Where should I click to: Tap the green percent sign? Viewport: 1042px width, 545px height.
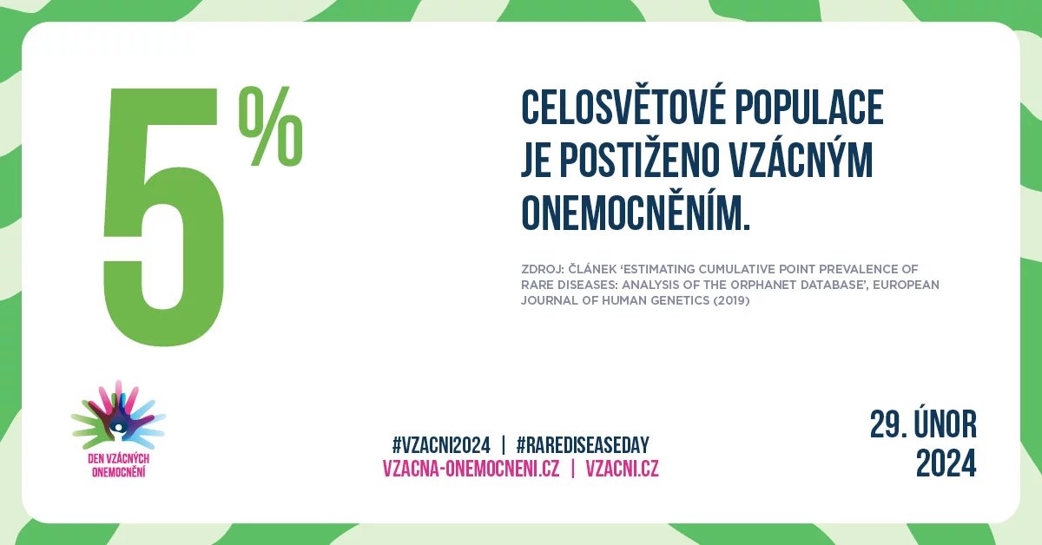coord(271,126)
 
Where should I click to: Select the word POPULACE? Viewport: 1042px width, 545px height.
coord(809,108)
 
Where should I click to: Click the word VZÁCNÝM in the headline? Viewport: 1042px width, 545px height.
coord(801,161)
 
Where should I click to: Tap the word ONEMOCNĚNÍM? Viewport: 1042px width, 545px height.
coord(636,213)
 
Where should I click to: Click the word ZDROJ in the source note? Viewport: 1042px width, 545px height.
coord(543,269)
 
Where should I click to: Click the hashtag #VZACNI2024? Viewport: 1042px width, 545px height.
coord(441,445)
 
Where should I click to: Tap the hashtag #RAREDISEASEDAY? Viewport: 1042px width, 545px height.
coord(583,445)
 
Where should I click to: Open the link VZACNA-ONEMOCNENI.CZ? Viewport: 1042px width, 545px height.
coord(471,469)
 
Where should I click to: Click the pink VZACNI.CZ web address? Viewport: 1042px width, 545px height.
coord(622,469)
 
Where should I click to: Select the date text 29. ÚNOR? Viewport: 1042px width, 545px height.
coord(923,424)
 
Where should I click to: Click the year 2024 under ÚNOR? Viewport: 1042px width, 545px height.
coord(946,463)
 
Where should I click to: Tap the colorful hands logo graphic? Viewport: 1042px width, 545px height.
coord(118,413)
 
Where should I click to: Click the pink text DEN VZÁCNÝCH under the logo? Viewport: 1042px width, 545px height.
coord(118,459)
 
